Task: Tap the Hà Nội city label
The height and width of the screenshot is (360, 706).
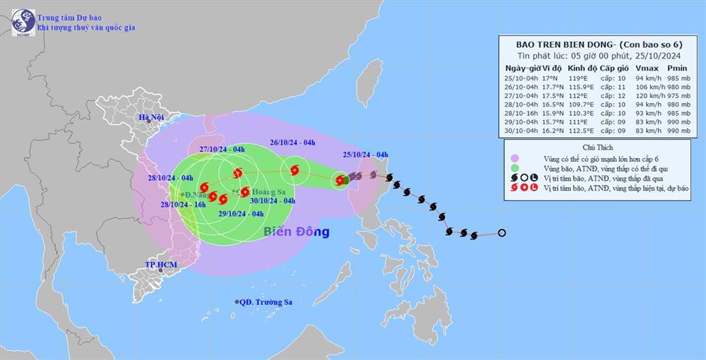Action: (x=150, y=116)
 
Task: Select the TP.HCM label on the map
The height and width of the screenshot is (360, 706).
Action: (x=161, y=265)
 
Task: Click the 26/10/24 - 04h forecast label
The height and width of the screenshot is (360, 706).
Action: (x=292, y=143)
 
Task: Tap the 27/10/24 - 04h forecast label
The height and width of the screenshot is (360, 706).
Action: (x=222, y=149)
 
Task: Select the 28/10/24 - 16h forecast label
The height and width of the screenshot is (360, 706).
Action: (x=183, y=204)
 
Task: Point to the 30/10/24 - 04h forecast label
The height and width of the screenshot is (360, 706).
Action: (x=272, y=200)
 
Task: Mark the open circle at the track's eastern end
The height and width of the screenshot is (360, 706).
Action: (x=502, y=233)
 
